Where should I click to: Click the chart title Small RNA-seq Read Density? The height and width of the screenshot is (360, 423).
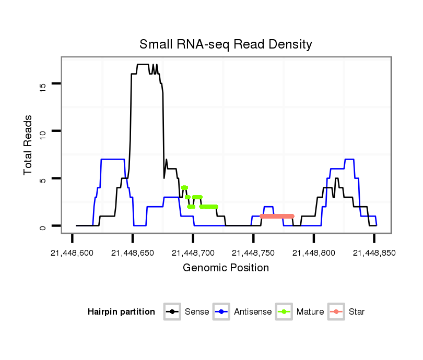click(226, 44)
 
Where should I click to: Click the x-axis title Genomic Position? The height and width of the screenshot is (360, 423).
click(226, 268)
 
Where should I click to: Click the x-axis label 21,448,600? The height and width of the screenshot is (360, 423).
click(72, 253)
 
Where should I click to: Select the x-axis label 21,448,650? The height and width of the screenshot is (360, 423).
click(133, 253)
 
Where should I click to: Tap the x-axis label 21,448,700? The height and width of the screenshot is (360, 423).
click(193, 253)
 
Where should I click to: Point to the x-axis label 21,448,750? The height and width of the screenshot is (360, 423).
click(253, 253)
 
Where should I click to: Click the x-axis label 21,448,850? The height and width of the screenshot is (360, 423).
click(374, 253)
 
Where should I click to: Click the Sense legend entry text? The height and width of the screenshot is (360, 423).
click(197, 312)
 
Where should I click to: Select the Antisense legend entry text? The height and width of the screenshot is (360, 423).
click(253, 312)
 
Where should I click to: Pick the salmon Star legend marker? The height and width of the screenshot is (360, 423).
click(337, 312)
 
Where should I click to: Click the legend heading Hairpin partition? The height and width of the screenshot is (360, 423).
click(121, 312)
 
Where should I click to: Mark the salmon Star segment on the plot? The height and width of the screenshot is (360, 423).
click(277, 216)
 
